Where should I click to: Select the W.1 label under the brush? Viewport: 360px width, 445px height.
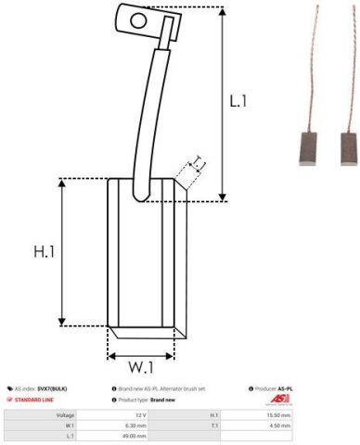point(141,367)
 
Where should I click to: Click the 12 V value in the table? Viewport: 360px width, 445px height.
point(139,415)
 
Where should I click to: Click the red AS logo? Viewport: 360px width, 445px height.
point(279,400)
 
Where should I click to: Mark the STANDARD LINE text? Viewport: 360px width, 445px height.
point(33,400)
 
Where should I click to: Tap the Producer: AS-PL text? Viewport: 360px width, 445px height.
point(272,388)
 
